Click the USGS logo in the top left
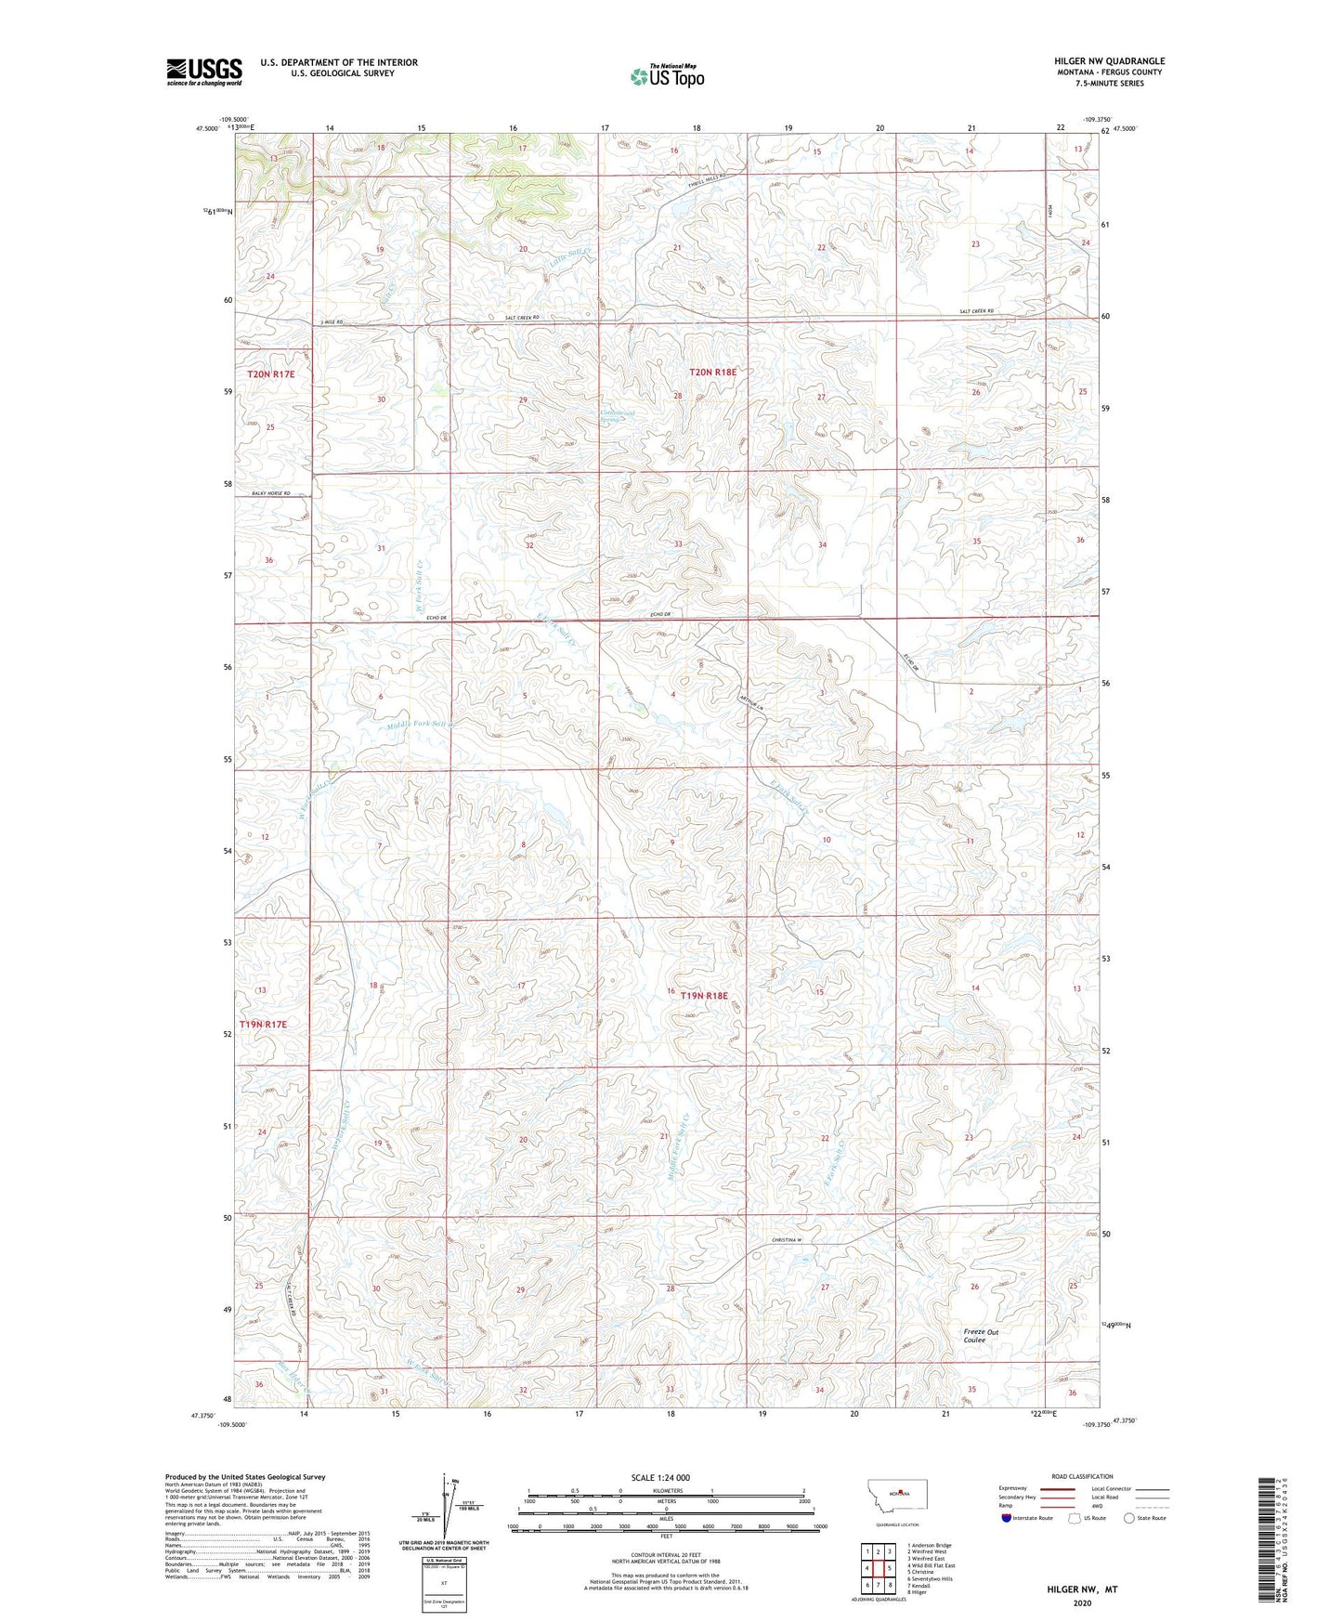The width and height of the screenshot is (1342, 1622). click(204, 72)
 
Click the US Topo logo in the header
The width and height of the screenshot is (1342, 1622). click(666, 75)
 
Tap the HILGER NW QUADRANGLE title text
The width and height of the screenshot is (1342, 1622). click(1109, 61)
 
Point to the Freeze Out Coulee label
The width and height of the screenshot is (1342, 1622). click(980, 1336)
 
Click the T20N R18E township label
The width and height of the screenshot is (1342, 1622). click(712, 373)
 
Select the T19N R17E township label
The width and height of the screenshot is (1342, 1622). click(264, 1024)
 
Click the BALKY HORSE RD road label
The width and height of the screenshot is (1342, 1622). click(270, 493)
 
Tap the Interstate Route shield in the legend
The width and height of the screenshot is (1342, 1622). click(1007, 1519)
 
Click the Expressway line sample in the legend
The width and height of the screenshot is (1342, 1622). click(1058, 1489)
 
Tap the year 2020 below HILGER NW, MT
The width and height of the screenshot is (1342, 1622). click(1082, 1603)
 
